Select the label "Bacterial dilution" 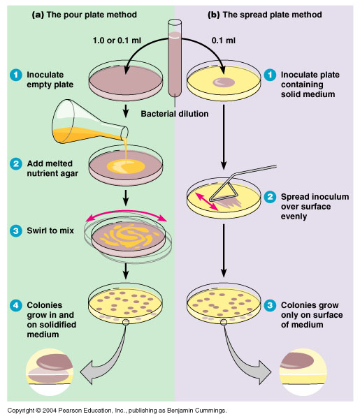click(x=175, y=113)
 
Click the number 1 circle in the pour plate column click(x=14, y=75)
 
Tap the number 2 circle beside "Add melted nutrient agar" click(x=14, y=163)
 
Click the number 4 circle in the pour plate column click(x=14, y=305)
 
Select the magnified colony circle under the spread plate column click(x=308, y=369)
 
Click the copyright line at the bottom click(x=117, y=411)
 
